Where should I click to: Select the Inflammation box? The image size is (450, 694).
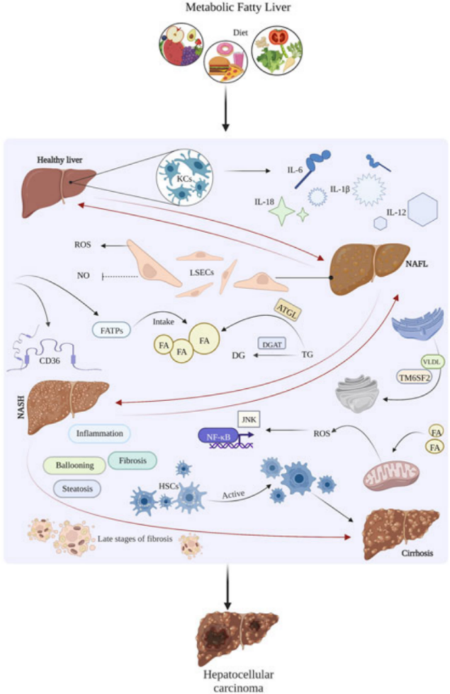100,434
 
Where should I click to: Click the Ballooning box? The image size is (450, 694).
74,465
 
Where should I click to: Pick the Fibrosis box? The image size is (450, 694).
132,460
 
